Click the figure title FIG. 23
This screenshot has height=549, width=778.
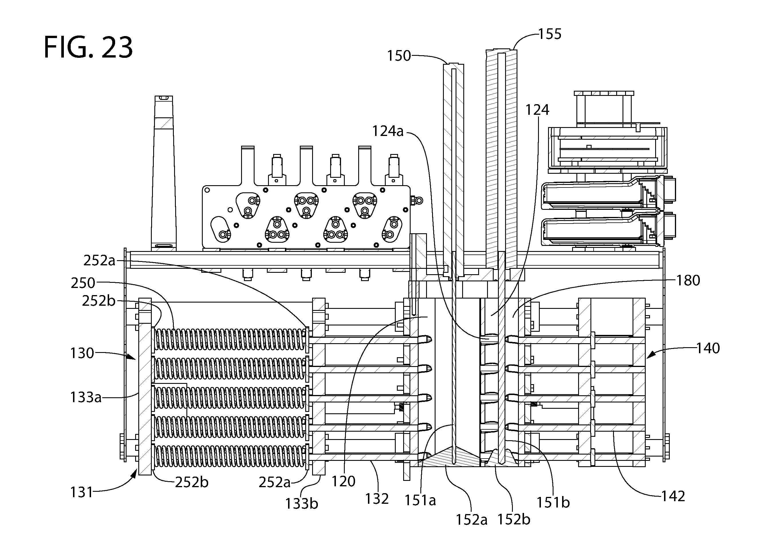(88, 48)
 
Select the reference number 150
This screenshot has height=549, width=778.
(399, 56)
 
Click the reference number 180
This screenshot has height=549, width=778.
(688, 281)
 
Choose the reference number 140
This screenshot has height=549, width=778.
(708, 348)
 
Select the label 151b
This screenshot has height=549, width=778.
(553, 503)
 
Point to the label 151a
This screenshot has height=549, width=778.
(420, 501)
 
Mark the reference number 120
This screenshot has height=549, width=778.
(343, 481)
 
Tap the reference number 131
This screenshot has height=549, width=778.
(81, 492)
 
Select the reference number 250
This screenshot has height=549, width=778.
(83, 283)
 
